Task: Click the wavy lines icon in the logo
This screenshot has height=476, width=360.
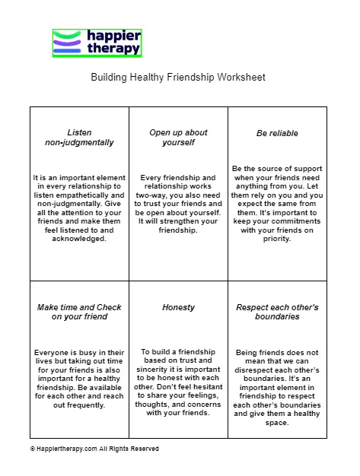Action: coord(67,43)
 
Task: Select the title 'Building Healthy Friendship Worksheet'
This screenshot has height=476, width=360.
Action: coord(178,78)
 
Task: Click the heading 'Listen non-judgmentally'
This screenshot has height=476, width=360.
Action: coord(79,138)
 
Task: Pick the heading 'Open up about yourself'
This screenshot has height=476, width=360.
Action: coord(178,138)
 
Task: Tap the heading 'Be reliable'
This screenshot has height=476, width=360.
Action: coord(277,133)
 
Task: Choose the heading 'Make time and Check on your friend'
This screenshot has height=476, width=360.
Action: coord(79,312)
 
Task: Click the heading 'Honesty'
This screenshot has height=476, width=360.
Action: coord(178,307)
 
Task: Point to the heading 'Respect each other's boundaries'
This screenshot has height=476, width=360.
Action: coord(277,312)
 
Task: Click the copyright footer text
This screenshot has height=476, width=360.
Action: coord(94,449)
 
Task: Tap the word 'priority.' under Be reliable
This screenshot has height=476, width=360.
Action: coord(278,238)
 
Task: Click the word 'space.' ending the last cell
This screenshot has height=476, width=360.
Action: coord(278,423)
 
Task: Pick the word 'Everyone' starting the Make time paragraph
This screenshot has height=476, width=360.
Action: coord(53,353)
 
